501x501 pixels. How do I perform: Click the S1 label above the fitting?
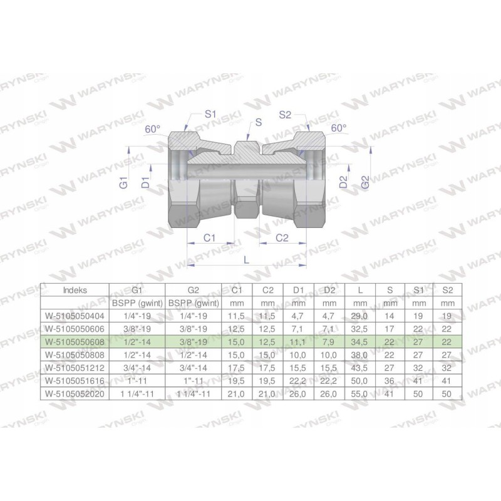210,115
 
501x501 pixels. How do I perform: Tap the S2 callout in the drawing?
286,115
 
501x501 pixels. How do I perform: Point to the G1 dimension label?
124,183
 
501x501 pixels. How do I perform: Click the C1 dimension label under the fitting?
210,238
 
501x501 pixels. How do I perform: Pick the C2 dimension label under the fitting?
282,238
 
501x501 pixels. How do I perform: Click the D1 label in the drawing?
145,183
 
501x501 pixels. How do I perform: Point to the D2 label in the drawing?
343,182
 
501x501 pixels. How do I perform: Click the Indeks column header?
75,290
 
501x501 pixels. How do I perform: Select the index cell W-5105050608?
75,343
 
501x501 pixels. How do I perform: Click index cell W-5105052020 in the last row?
75,393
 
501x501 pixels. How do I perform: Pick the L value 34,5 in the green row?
359,343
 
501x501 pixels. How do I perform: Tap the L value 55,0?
359,393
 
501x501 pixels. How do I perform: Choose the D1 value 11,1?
298,343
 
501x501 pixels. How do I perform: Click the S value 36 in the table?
390,381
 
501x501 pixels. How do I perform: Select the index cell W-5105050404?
75,317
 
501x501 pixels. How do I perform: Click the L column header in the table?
359,290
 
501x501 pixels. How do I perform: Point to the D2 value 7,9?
329,343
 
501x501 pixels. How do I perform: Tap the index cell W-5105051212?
75,368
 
